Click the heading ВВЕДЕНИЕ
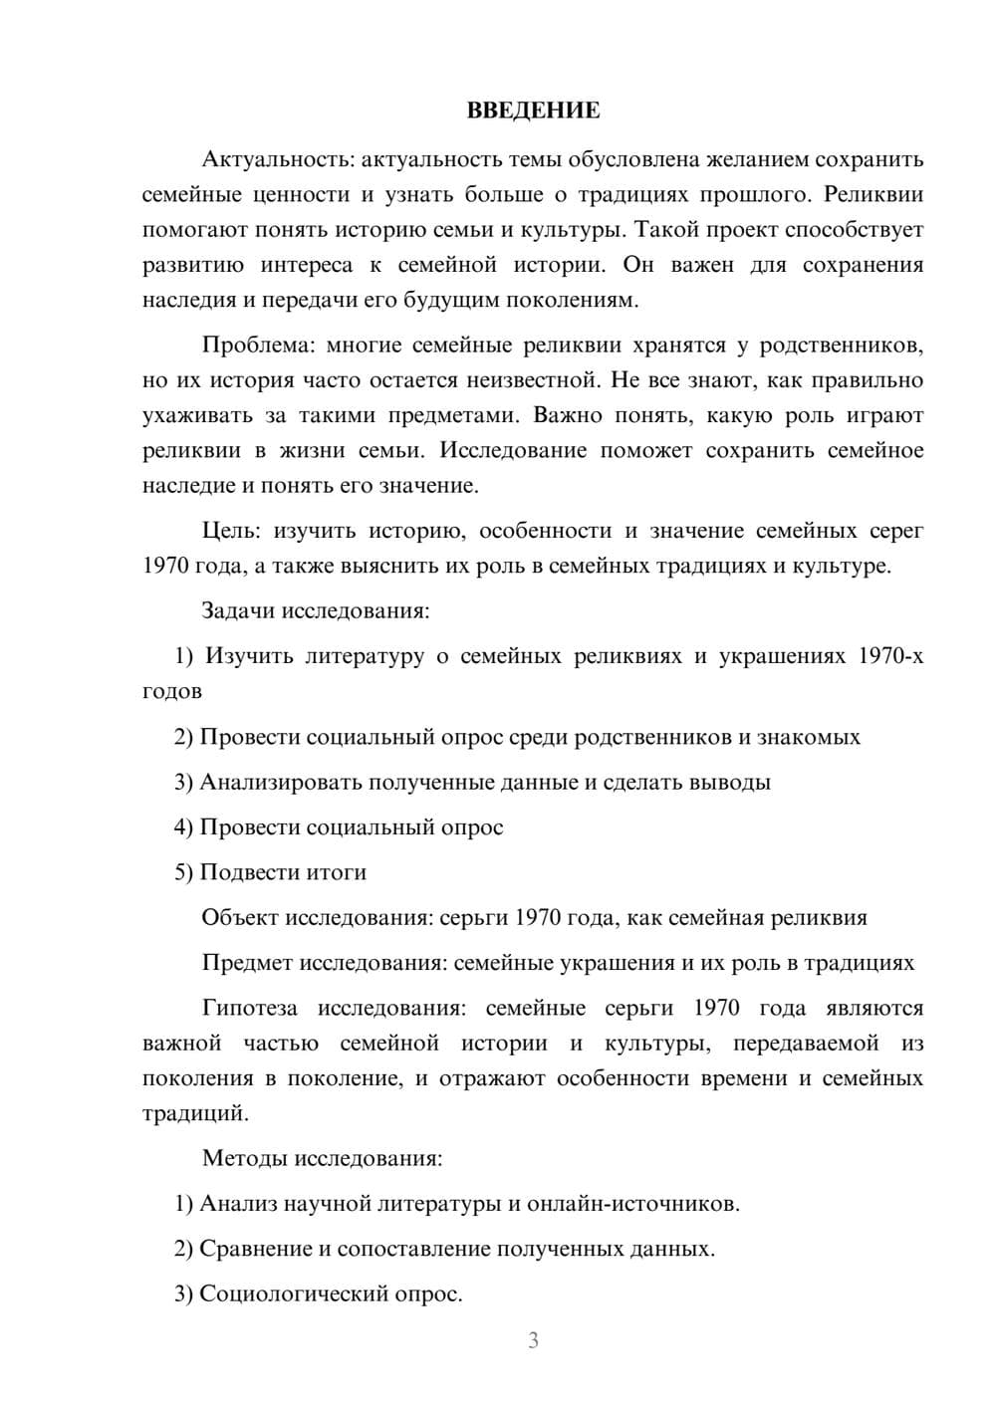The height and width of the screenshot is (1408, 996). pyautogui.click(x=533, y=111)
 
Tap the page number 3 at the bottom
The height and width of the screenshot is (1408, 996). pyautogui.click(x=533, y=1341)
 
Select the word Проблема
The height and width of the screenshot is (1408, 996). pyautogui.click(x=257, y=346)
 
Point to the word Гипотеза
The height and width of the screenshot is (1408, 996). pyautogui.click(x=249, y=1009)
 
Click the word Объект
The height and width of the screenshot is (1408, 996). pyautogui.click(x=239, y=918)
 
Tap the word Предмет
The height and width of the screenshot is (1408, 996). pyautogui.click(x=247, y=964)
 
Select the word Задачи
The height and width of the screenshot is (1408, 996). pyautogui.click(x=238, y=611)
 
